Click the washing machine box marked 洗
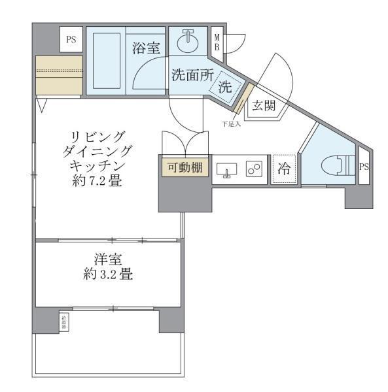click(224, 86)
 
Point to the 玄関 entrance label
click(264, 106)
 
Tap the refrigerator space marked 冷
click(284, 169)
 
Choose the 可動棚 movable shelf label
click(184, 168)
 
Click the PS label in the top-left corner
click(71, 41)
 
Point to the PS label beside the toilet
click(364, 167)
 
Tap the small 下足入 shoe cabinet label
click(231, 124)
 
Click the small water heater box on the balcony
click(64, 320)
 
